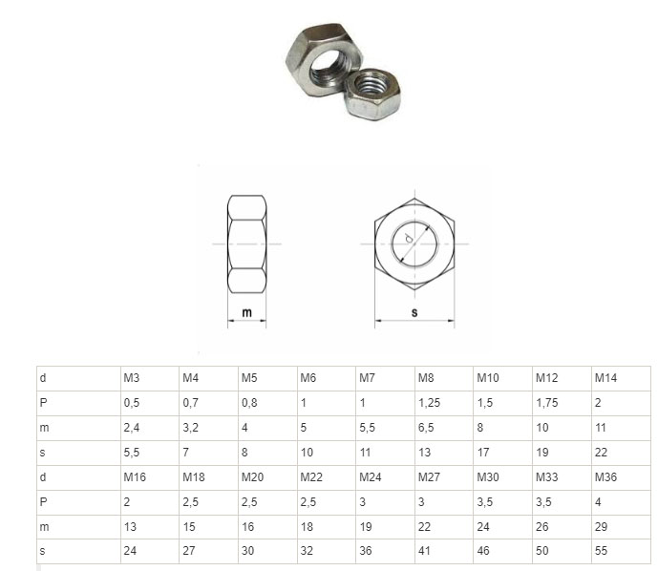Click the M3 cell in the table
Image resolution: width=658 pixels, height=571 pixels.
(x=132, y=378)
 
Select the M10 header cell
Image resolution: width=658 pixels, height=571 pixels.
(x=488, y=378)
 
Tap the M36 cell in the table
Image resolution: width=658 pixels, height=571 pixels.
(x=605, y=477)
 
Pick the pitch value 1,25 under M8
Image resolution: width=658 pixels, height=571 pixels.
(x=430, y=403)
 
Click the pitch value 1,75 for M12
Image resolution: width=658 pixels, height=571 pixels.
(x=547, y=403)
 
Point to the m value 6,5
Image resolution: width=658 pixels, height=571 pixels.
(x=426, y=428)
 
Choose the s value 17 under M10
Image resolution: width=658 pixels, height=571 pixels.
(x=483, y=453)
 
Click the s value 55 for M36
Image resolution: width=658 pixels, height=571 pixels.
(x=601, y=550)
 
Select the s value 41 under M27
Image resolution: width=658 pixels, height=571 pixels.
(x=424, y=550)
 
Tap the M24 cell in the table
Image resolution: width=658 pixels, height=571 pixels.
(x=371, y=477)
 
